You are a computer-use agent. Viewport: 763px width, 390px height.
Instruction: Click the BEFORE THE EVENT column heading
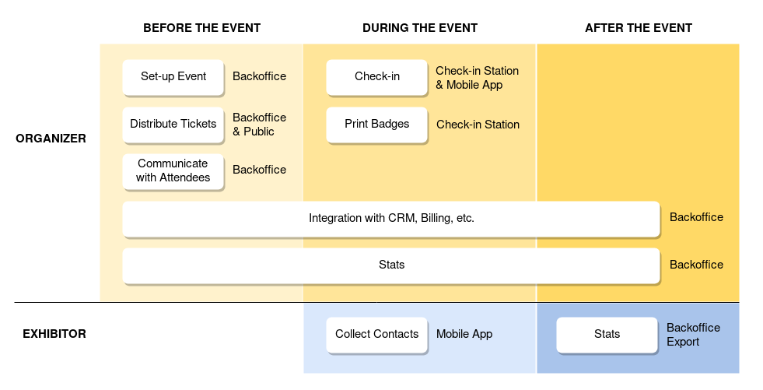(x=202, y=28)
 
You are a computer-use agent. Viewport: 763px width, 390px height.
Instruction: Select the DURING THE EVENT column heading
(x=420, y=28)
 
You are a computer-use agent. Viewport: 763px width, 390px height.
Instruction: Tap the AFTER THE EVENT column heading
(x=639, y=28)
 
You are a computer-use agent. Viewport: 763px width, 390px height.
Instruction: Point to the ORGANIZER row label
(x=51, y=139)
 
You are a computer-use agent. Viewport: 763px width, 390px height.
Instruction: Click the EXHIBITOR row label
(x=54, y=333)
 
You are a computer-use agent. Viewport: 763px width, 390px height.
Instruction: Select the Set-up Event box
(x=173, y=77)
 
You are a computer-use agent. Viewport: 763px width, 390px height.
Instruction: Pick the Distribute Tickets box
(x=173, y=125)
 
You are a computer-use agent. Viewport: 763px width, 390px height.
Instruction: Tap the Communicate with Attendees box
(x=173, y=171)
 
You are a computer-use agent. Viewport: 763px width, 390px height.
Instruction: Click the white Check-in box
(x=377, y=77)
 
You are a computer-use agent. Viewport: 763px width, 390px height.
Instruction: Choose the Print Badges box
(x=377, y=125)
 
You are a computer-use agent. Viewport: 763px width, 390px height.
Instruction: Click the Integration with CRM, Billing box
(x=391, y=219)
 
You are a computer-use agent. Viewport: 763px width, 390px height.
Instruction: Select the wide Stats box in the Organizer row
(x=391, y=265)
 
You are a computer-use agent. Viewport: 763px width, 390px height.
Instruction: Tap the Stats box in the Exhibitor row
(x=607, y=335)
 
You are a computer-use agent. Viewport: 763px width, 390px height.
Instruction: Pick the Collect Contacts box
(x=377, y=335)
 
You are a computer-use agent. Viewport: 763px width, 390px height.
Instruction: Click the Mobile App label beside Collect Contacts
(x=464, y=334)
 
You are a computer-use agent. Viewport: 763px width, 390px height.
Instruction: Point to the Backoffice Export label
(x=694, y=335)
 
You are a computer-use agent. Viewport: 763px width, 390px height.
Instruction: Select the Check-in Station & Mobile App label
(x=477, y=78)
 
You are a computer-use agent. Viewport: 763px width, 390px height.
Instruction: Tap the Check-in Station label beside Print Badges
(x=478, y=125)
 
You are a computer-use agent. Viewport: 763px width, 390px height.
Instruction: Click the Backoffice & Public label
(x=259, y=125)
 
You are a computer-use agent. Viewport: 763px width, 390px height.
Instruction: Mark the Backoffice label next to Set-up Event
(x=259, y=76)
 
